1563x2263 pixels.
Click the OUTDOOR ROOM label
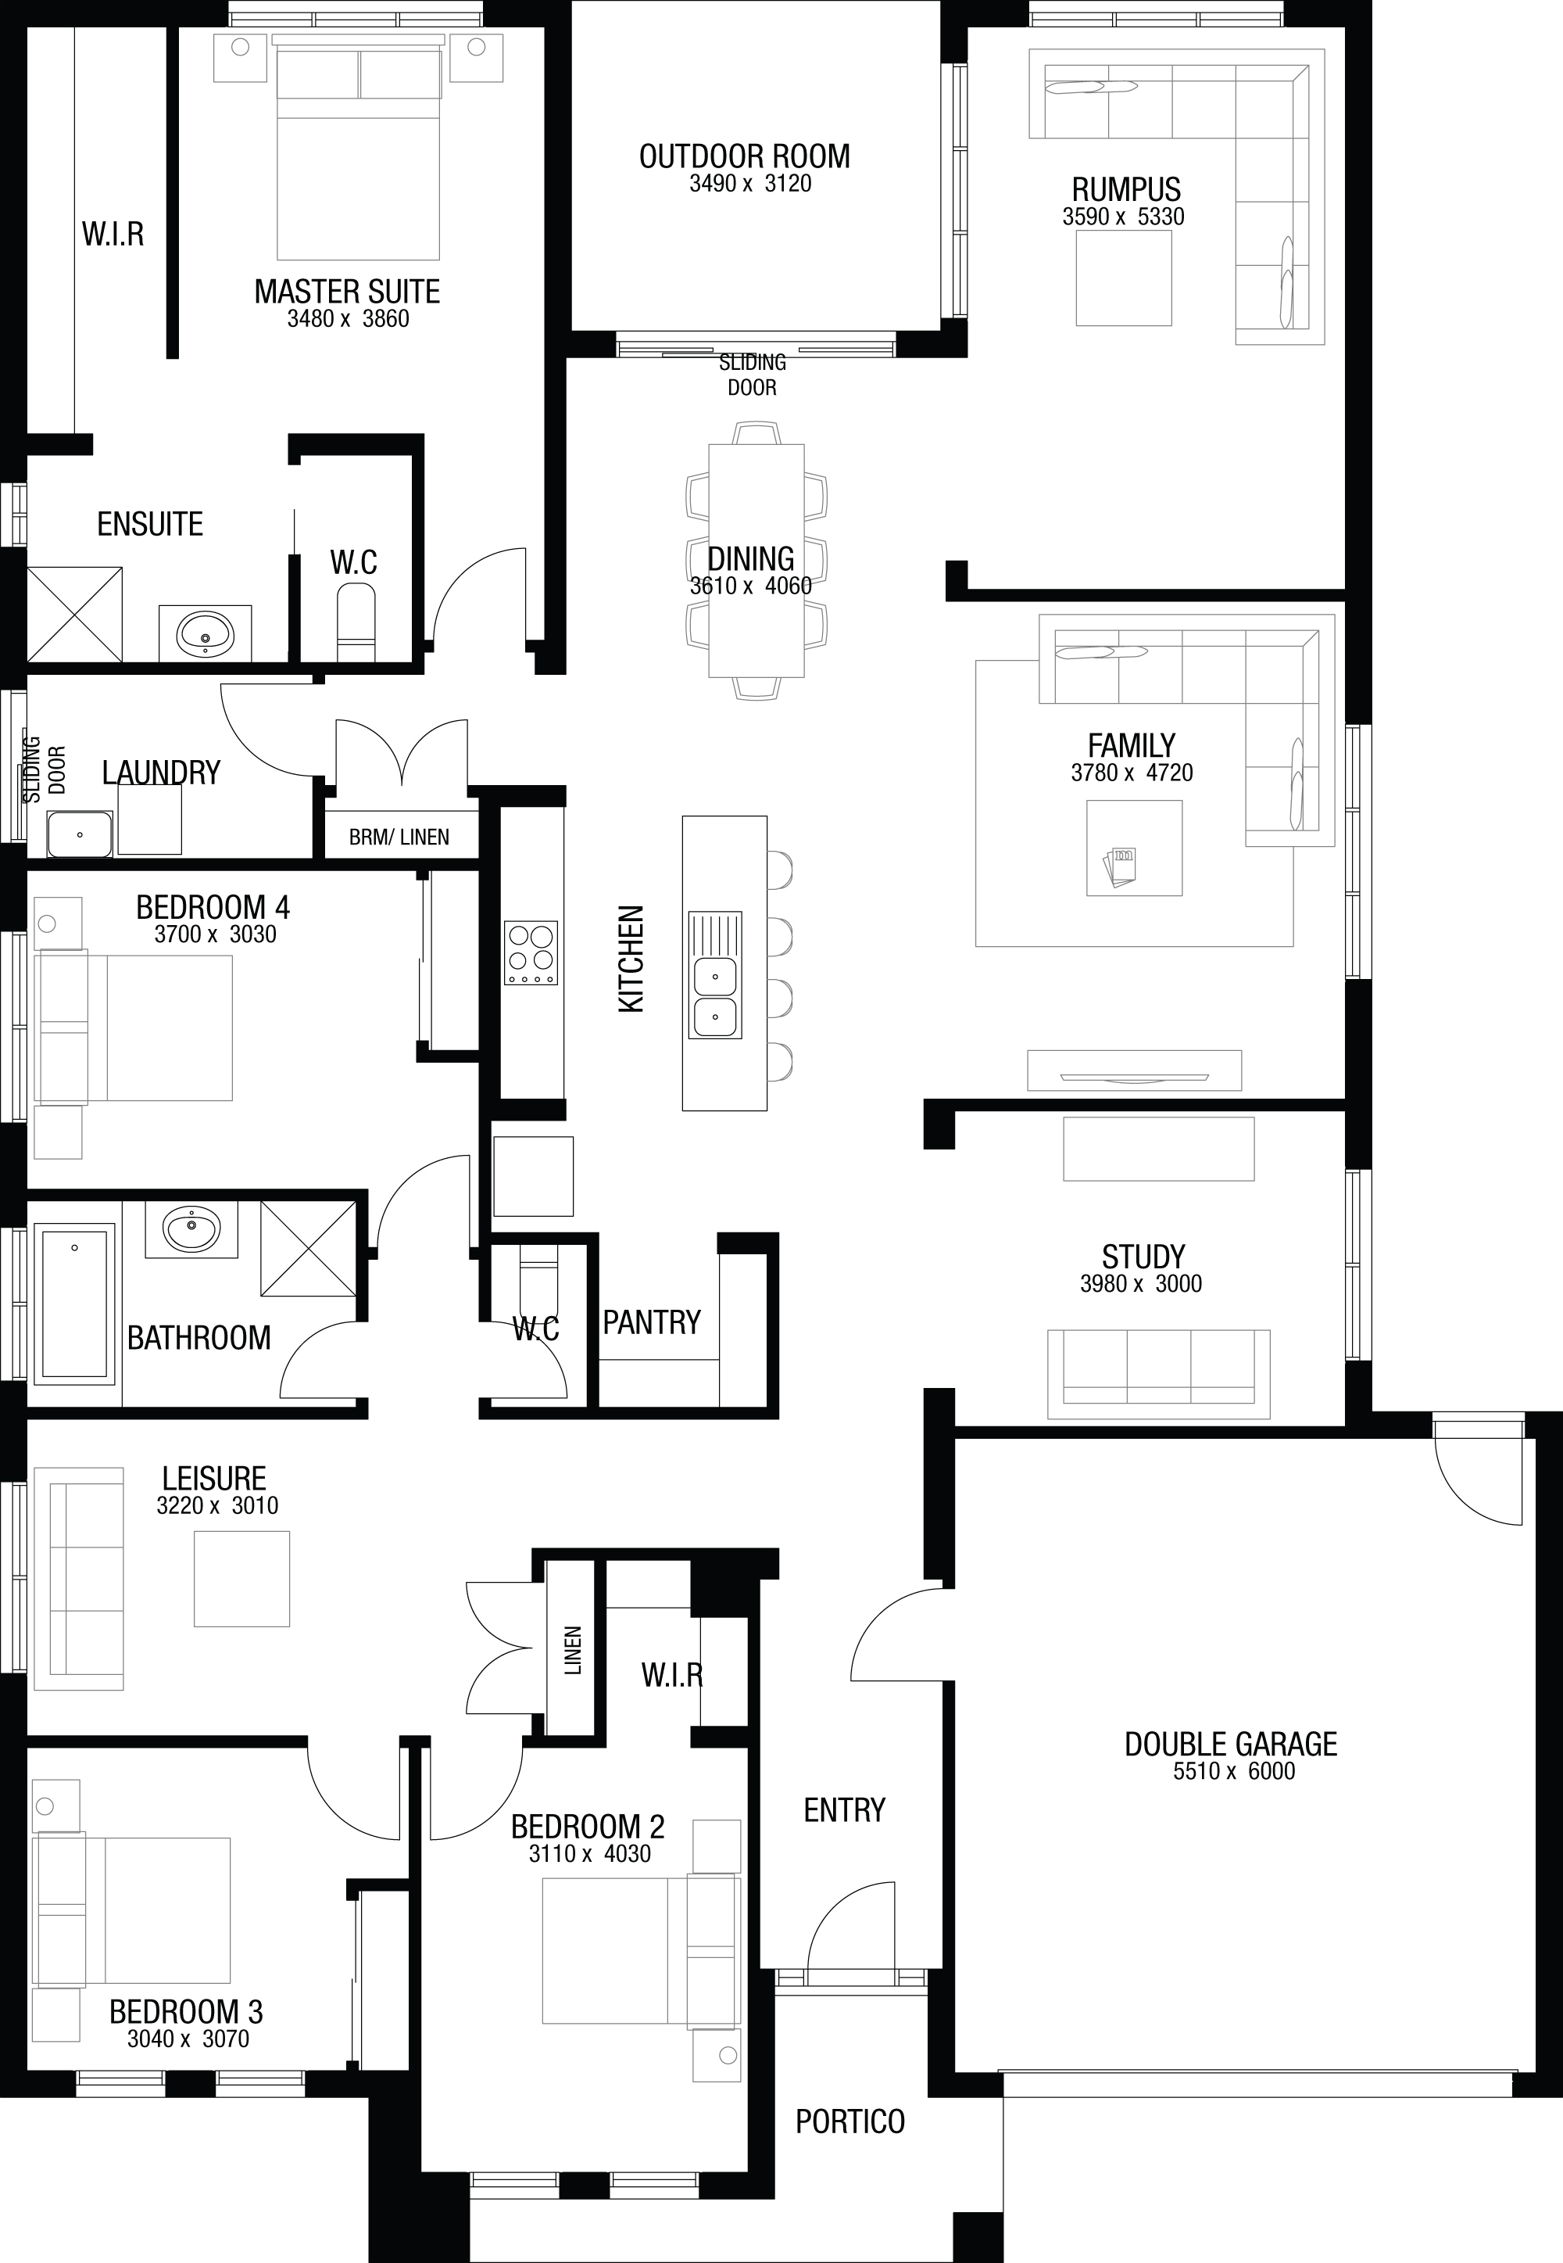pos(744,156)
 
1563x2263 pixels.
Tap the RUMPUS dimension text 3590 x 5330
pos(1123,217)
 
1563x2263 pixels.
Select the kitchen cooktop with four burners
pos(531,952)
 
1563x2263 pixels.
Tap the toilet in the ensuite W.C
pos(356,623)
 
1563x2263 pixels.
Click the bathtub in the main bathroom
pos(74,1302)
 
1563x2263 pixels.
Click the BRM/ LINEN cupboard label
pos(399,837)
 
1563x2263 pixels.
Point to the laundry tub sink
pos(80,834)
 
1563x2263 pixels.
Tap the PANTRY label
pos(651,1322)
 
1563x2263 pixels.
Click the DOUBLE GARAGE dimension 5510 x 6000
pos(1234,1771)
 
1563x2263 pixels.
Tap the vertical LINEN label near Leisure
pos(574,1650)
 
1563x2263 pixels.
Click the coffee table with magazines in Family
pos(1134,848)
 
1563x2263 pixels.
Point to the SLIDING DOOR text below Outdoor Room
pos(752,375)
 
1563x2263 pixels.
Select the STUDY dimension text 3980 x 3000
pos(1141,1283)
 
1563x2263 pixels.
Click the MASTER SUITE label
pos(347,291)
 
